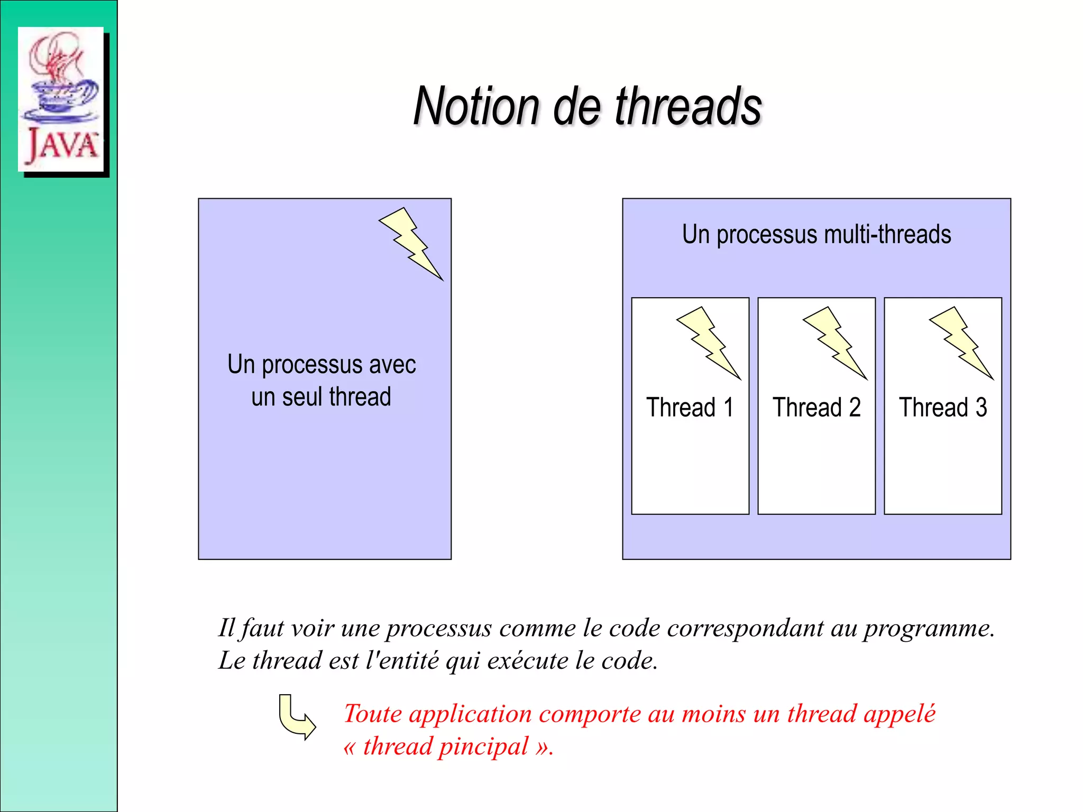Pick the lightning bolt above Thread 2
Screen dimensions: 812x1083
tap(835, 343)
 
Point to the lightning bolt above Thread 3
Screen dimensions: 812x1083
tap(961, 343)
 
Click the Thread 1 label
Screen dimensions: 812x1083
tap(690, 408)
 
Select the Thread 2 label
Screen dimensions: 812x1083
tap(816, 408)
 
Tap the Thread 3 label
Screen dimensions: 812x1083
tap(943, 408)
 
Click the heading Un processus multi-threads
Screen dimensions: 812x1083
tap(816, 234)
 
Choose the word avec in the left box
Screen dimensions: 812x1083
tap(392, 365)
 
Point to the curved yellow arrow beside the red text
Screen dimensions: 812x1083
tap(297, 717)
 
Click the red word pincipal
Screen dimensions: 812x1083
tap(483, 747)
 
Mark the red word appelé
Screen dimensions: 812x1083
tap(899, 714)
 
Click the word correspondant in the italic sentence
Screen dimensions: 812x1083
tap(745, 629)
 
